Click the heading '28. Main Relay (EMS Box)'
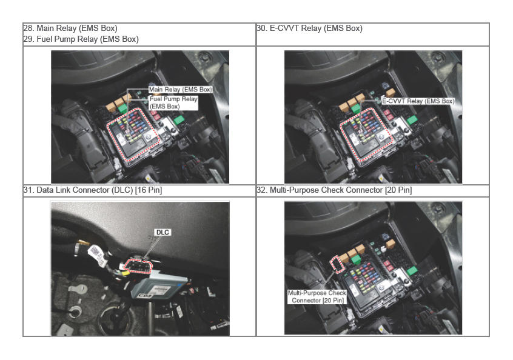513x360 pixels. pos(70,28)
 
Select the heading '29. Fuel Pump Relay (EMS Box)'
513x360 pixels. pos(81,39)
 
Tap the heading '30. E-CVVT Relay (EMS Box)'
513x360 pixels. pos(309,28)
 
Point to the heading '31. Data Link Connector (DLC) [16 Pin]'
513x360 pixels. pos(93,190)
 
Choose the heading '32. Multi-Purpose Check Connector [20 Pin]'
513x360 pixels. pos(334,190)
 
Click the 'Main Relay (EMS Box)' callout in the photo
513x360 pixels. pos(181,90)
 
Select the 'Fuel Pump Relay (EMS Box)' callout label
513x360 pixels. pos(173,102)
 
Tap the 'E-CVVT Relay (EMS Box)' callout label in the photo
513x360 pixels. pos(418,101)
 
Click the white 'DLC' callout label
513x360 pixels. pos(163,232)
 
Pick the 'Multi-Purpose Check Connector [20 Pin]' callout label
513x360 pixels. pos(317,296)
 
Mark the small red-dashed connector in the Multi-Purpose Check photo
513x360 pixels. pos(337,264)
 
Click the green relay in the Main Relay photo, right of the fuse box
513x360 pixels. pos(179,120)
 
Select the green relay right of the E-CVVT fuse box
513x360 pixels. pos(412,120)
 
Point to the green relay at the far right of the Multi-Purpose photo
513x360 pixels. pos(412,271)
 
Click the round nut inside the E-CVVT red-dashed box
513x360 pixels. pos(382,137)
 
